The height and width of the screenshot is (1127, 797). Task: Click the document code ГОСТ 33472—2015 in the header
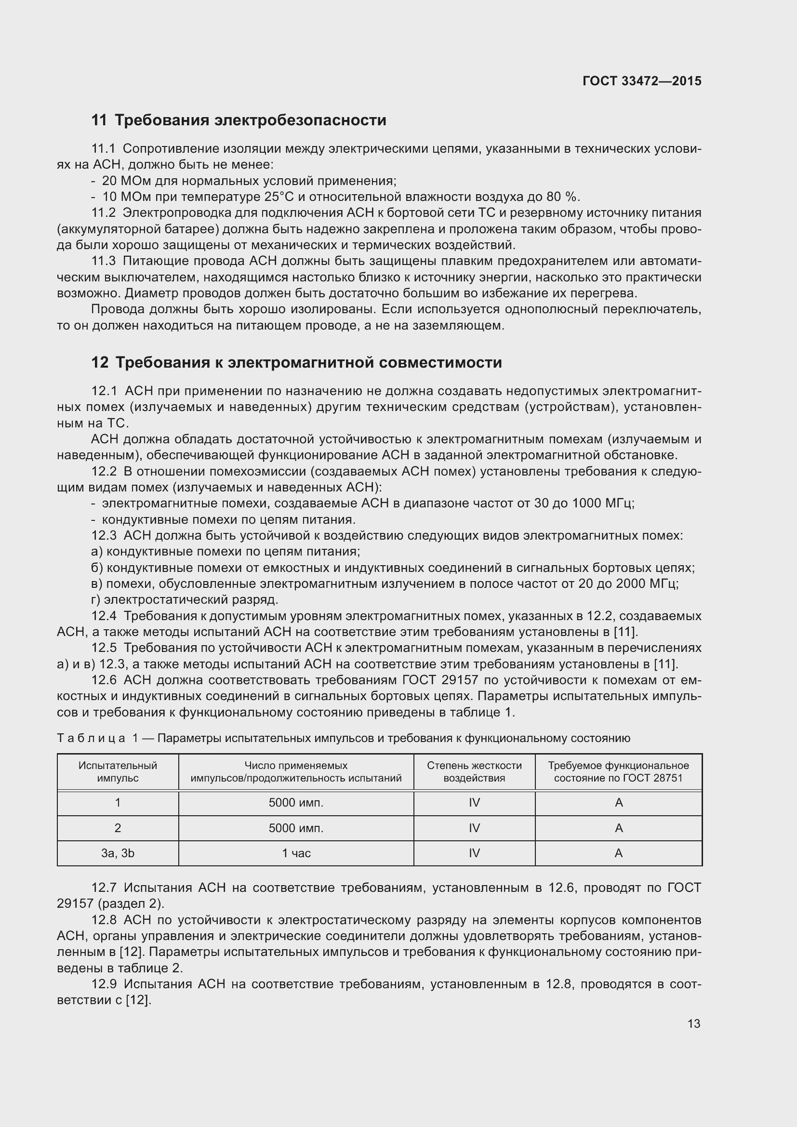(641, 81)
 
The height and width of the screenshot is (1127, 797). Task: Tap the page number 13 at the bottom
(693, 1023)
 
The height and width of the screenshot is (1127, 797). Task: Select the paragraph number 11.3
(103, 261)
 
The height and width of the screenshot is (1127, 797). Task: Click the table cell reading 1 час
(296, 853)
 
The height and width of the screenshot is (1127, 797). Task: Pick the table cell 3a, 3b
(118, 853)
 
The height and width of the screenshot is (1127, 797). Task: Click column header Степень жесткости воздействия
(474, 771)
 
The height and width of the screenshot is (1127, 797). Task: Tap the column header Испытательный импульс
(118, 771)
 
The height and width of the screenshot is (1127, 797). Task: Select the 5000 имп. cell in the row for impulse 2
(296, 828)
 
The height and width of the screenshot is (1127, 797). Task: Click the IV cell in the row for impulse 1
(474, 803)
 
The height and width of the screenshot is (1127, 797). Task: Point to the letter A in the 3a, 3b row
(618, 853)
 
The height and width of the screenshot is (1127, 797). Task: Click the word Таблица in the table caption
(91, 738)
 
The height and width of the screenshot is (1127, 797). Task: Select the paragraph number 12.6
(104, 680)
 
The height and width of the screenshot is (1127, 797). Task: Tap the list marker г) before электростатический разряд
(96, 600)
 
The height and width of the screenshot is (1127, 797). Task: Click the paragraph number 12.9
(104, 984)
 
